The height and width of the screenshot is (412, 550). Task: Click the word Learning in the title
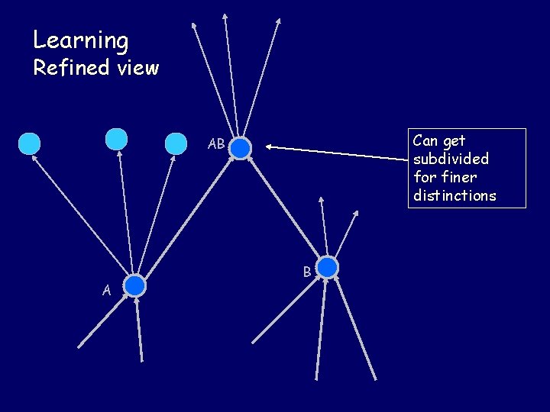pyautogui.click(x=80, y=40)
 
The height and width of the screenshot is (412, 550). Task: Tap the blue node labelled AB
pyautogui.click(x=241, y=148)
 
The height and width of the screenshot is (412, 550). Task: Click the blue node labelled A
pyautogui.click(x=135, y=286)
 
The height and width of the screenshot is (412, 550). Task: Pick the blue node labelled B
pyautogui.click(x=327, y=267)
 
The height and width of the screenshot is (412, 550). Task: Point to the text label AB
pyautogui.click(x=216, y=144)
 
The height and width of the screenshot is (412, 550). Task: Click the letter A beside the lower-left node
pyautogui.click(x=107, y=289)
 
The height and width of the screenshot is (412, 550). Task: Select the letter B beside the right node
pyautogui.click(x=306, y=271)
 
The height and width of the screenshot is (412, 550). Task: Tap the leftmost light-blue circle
pyautogui.click(x=29, y=143)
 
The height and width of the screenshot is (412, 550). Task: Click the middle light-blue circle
pyautogui.click(x=116, y=138)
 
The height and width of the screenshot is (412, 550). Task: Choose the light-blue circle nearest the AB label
pyautogui.click(x=176, y=143)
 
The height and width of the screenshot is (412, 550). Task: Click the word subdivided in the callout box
pyautogui.click(x=450, y=159)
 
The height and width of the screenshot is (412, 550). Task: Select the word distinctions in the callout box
pyautogui.click(x=454, y=195)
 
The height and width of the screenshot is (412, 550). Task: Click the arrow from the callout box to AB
pyautogui.click(x=336, y=153)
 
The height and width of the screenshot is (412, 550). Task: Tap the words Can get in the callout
pyautogui.click(x=438, y=140)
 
